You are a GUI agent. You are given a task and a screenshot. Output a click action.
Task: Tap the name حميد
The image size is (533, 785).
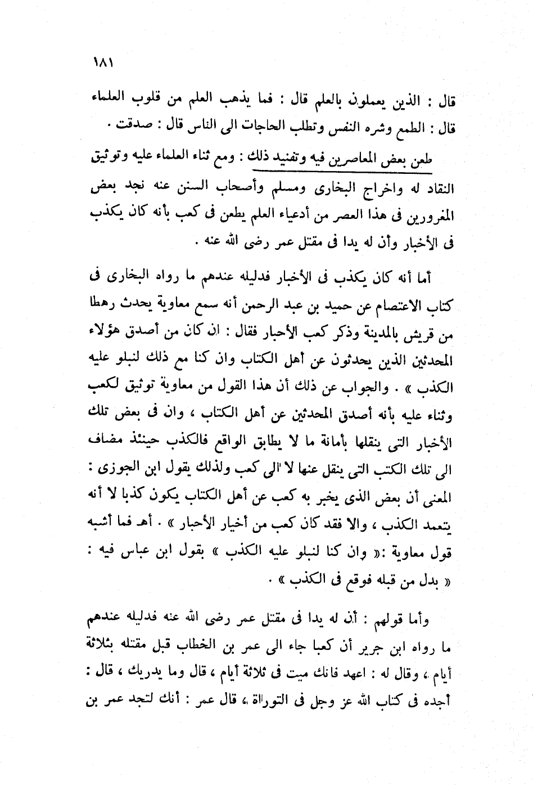[x=303, y=306]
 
